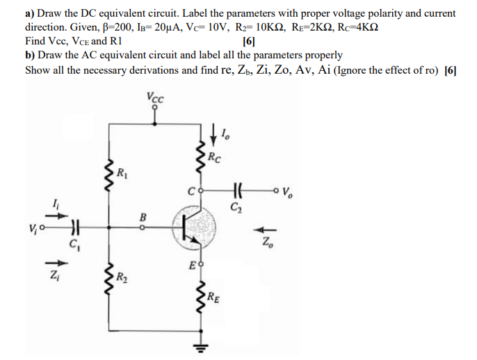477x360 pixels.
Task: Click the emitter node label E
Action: (x=191, y=265)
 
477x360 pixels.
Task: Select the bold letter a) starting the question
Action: (x=30, y=13)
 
